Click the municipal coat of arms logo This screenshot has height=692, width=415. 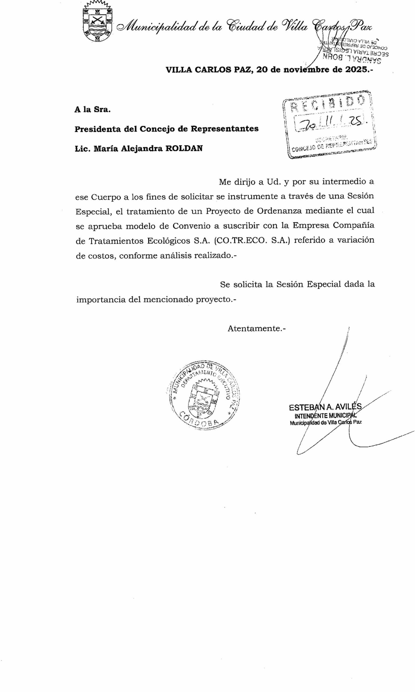tap(97, 22)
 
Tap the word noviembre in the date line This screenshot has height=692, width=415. tap(306, 69)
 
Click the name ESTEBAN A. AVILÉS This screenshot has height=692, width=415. tap(325, 408)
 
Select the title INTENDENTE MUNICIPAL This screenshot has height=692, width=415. tap(325, 416)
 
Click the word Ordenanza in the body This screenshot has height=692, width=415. tap(279, 211)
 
